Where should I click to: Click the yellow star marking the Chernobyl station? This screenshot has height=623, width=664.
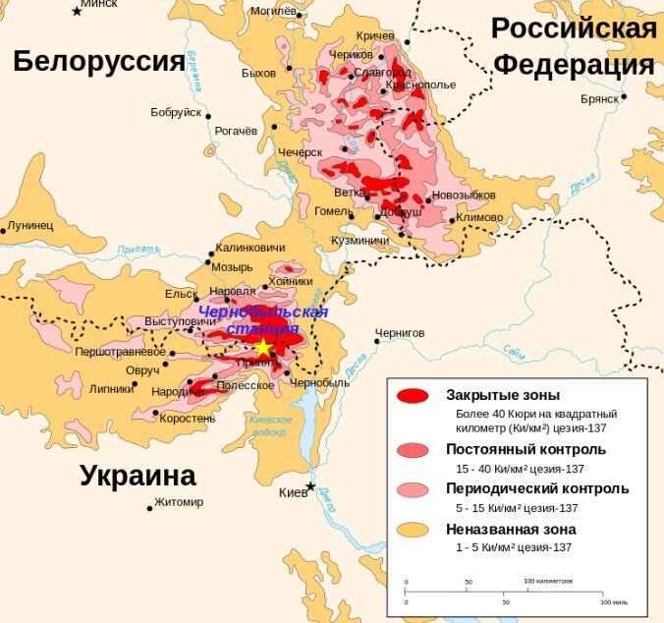click(x=263, y=348)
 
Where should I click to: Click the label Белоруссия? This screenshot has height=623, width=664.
click(x=98, y=61)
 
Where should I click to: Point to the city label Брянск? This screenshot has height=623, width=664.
click(x=598, y=98)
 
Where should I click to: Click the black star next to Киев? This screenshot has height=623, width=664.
click(x=311, y=486)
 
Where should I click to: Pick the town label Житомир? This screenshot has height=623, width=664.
click(x=180, y=502)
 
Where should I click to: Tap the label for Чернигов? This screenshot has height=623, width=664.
click(x=400, y=332)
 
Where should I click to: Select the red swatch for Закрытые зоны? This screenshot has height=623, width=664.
click(x=413, y=396)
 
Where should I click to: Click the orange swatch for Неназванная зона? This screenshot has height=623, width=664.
click(x=413, y=530)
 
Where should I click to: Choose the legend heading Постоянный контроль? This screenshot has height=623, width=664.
click(x=526, y=449)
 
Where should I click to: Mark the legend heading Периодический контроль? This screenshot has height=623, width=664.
click(x=537, y=488)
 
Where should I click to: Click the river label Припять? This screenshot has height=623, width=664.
click(x=138, y=250)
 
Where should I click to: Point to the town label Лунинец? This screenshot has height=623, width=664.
click(x=30, y=225)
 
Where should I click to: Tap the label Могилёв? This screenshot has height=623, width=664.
click(x=272, y=13)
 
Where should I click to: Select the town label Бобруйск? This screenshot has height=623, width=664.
click(x=176, y=112)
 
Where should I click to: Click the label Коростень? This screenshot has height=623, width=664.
click(x=188, y=418)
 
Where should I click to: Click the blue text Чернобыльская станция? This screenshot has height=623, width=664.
click(x=262, y=320)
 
